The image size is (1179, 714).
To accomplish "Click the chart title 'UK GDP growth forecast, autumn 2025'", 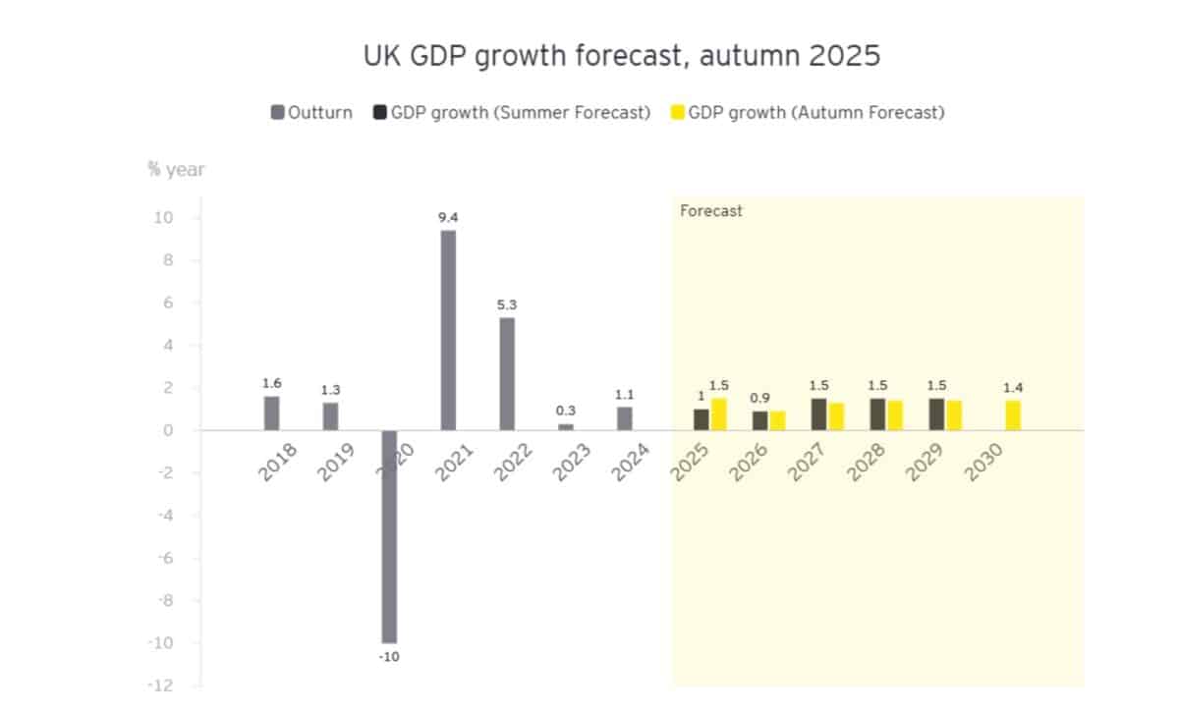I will [x=621, y=56].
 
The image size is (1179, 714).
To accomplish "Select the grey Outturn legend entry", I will [x=311, y=112].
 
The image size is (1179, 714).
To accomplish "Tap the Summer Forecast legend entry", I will [x=512, y=112].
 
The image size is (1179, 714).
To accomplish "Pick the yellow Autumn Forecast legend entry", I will [x=808, y=112].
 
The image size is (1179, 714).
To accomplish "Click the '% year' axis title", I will [x=177, y=169].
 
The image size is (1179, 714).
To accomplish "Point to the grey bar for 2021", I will [x=448, y=330].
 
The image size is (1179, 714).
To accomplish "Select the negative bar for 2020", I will [x=389, y=536].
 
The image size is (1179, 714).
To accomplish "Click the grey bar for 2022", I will [x=507, y=373].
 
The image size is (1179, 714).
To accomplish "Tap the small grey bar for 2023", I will [x=566, y=426].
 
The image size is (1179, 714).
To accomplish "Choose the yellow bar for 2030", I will [x=1013, y=415].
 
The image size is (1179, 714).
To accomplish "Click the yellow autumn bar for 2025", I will [x=718, y=414].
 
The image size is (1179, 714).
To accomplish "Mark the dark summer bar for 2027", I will [x=818, y=414].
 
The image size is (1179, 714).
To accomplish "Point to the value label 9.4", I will [x=448, y=216].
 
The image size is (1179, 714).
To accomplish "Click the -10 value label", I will [x=389, y=656].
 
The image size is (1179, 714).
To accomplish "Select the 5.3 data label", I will [x=507, y=304].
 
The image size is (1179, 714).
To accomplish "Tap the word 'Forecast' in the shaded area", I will [x=711, y=210].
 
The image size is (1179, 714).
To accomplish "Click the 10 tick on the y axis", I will [x=162, y=218].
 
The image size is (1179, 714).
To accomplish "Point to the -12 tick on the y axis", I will [x=160, y=686].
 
